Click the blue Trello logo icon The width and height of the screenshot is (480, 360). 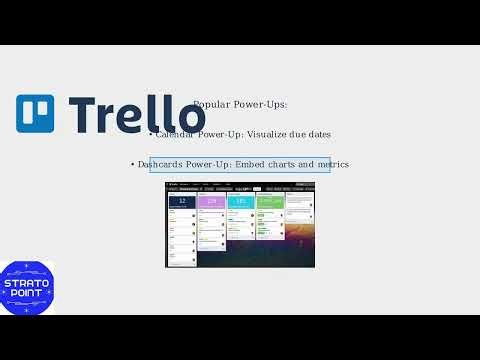click(x=35, y=114)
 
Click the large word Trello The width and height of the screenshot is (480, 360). click(x=130, y=114)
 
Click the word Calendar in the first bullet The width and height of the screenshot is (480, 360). click(x=177, y=133)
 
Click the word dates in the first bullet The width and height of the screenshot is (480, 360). click(x=318, y=133)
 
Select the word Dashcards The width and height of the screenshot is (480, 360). click(x=159, y=164)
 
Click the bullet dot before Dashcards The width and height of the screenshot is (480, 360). click(x=133, y=164)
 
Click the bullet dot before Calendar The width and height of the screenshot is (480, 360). click(x=150, y=133)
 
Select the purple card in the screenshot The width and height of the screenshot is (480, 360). click(x=211, y=202)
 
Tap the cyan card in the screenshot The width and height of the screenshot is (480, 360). click(x=241, y=202)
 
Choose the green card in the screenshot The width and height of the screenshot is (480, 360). click(x=270, y=202)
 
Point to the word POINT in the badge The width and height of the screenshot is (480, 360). click(x=27, y=294)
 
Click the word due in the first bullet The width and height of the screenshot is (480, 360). click(x=297, y=133)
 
